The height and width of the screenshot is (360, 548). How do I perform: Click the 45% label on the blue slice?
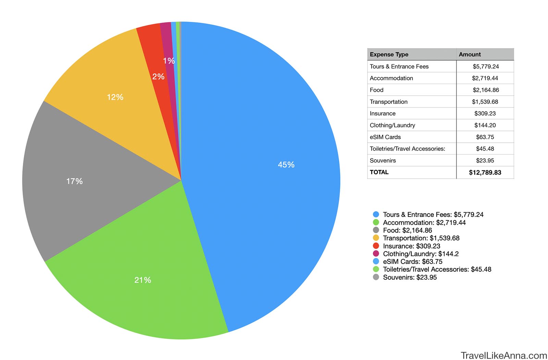tap(286, 165)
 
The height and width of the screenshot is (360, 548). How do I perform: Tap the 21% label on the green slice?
tap(142, 280)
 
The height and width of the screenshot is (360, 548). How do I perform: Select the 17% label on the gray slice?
tap(74, 181)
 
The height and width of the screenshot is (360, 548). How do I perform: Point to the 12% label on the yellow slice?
tap(115, 97)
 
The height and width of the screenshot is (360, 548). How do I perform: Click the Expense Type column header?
tap(389, 54)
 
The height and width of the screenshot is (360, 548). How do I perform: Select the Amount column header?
tap(470, 54)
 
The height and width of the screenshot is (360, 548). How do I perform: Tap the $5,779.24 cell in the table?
tap(486, 66)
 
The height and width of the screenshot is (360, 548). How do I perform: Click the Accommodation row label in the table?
tap(391, 78)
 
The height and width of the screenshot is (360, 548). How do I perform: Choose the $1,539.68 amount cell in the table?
tap(485, 102)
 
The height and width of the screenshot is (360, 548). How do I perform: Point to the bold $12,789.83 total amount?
tap(485, 172)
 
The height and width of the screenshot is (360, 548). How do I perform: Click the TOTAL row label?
tap(379, 172)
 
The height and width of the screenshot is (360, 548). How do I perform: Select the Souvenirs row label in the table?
tap(383, 160)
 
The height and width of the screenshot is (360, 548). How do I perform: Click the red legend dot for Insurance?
tap(376, 246)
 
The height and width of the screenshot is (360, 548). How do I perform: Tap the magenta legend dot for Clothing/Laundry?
tap(376, 254)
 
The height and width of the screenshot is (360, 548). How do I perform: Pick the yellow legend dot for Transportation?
tap(376, 238)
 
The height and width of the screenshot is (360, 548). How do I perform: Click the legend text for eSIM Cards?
tap(412, 261)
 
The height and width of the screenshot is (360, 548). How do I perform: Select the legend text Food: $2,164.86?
tap(407, 230)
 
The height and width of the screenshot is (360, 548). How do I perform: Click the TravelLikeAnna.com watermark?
tap(504, 356)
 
